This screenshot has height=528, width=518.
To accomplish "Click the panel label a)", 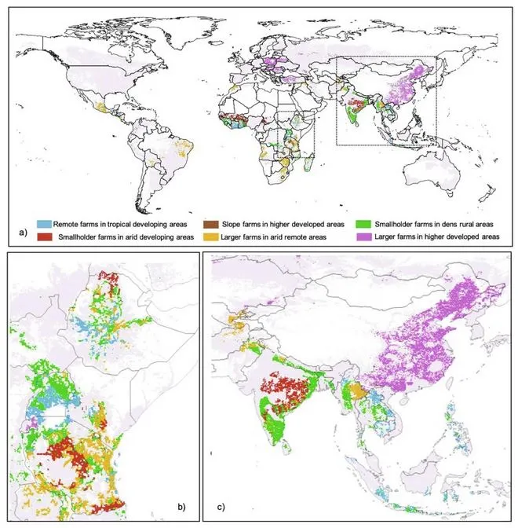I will click(x=23, y=233).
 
